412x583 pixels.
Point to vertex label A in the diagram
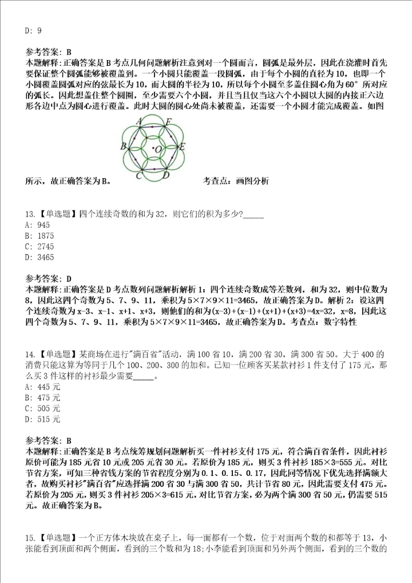click(x=140, y=121)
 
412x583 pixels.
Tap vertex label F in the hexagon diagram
click(x=168, y=121)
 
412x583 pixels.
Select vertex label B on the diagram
click(x=123, y=147)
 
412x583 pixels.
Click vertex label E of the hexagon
click(x=182, y=147)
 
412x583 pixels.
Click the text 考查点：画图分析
click(x=235, y=181)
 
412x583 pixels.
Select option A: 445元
click(x=43, y=387)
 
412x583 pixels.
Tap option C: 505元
click(x=43, y=408)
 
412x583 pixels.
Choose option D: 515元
click(x=43, y=419)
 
